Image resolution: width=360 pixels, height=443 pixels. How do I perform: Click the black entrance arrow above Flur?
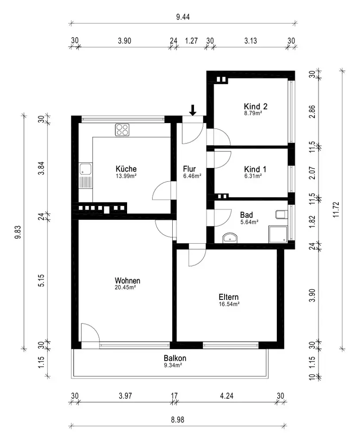[193, 110]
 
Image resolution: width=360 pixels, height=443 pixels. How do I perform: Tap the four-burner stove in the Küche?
[122, 130]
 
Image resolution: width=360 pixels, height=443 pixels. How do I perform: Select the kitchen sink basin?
[85, 169]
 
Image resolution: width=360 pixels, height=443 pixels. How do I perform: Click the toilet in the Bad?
[281, 214]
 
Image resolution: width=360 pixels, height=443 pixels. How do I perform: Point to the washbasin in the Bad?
[231, 238]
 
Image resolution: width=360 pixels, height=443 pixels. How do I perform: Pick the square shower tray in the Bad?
[278, 234]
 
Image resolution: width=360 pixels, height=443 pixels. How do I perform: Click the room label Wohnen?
[128, 280]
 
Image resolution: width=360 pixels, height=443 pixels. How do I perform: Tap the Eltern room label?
[228, 297]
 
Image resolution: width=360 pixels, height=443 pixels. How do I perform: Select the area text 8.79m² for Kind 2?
[253, 113]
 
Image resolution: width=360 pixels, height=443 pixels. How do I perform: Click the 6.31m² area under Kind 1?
[253, 176]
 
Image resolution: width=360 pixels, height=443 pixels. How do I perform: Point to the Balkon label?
[175, 358]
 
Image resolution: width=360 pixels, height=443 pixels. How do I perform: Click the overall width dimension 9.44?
[183, 17]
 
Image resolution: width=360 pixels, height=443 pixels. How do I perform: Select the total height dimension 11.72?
[336, 210]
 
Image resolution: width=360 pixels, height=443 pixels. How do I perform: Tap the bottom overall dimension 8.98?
[178, 420]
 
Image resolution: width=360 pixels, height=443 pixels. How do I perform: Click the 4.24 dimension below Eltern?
[227, 396]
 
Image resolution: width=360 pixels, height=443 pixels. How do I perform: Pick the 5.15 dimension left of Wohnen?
[41, 280]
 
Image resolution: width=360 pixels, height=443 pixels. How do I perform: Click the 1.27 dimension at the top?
[191, 41]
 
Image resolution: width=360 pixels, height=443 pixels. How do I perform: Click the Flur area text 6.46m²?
[192, 176]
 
